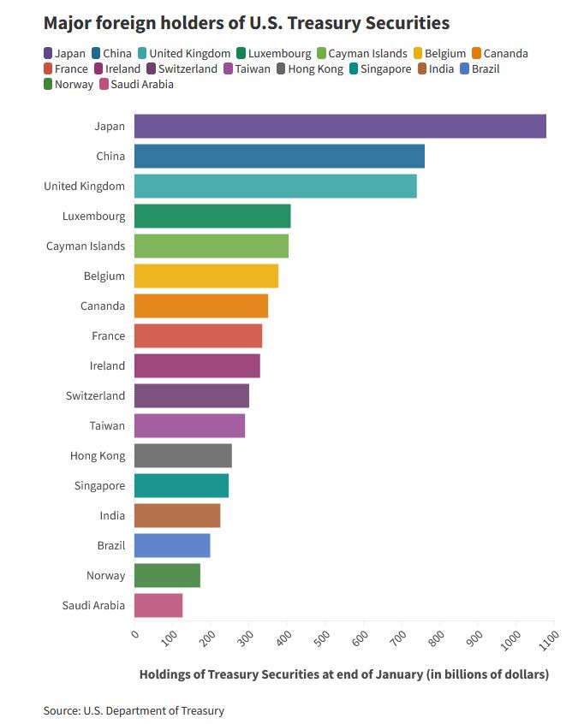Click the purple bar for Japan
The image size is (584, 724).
pos(340,126)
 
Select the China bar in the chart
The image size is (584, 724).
pos(279,156)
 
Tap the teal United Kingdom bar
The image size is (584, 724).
pos(275,186)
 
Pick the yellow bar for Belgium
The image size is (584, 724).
pos(206,276)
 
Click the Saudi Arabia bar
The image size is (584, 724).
pos(158,605)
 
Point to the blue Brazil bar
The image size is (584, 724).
pos(172,545)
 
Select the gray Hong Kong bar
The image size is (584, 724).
pos(183,455)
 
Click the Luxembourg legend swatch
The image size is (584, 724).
pos(241,54)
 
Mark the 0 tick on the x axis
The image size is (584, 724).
pos(135,633)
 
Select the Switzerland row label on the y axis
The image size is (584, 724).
pos(95,395)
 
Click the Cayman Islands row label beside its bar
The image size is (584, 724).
pos(86,246)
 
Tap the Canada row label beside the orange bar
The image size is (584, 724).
pos(103,306)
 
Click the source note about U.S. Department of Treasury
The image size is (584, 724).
pos(134,710)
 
